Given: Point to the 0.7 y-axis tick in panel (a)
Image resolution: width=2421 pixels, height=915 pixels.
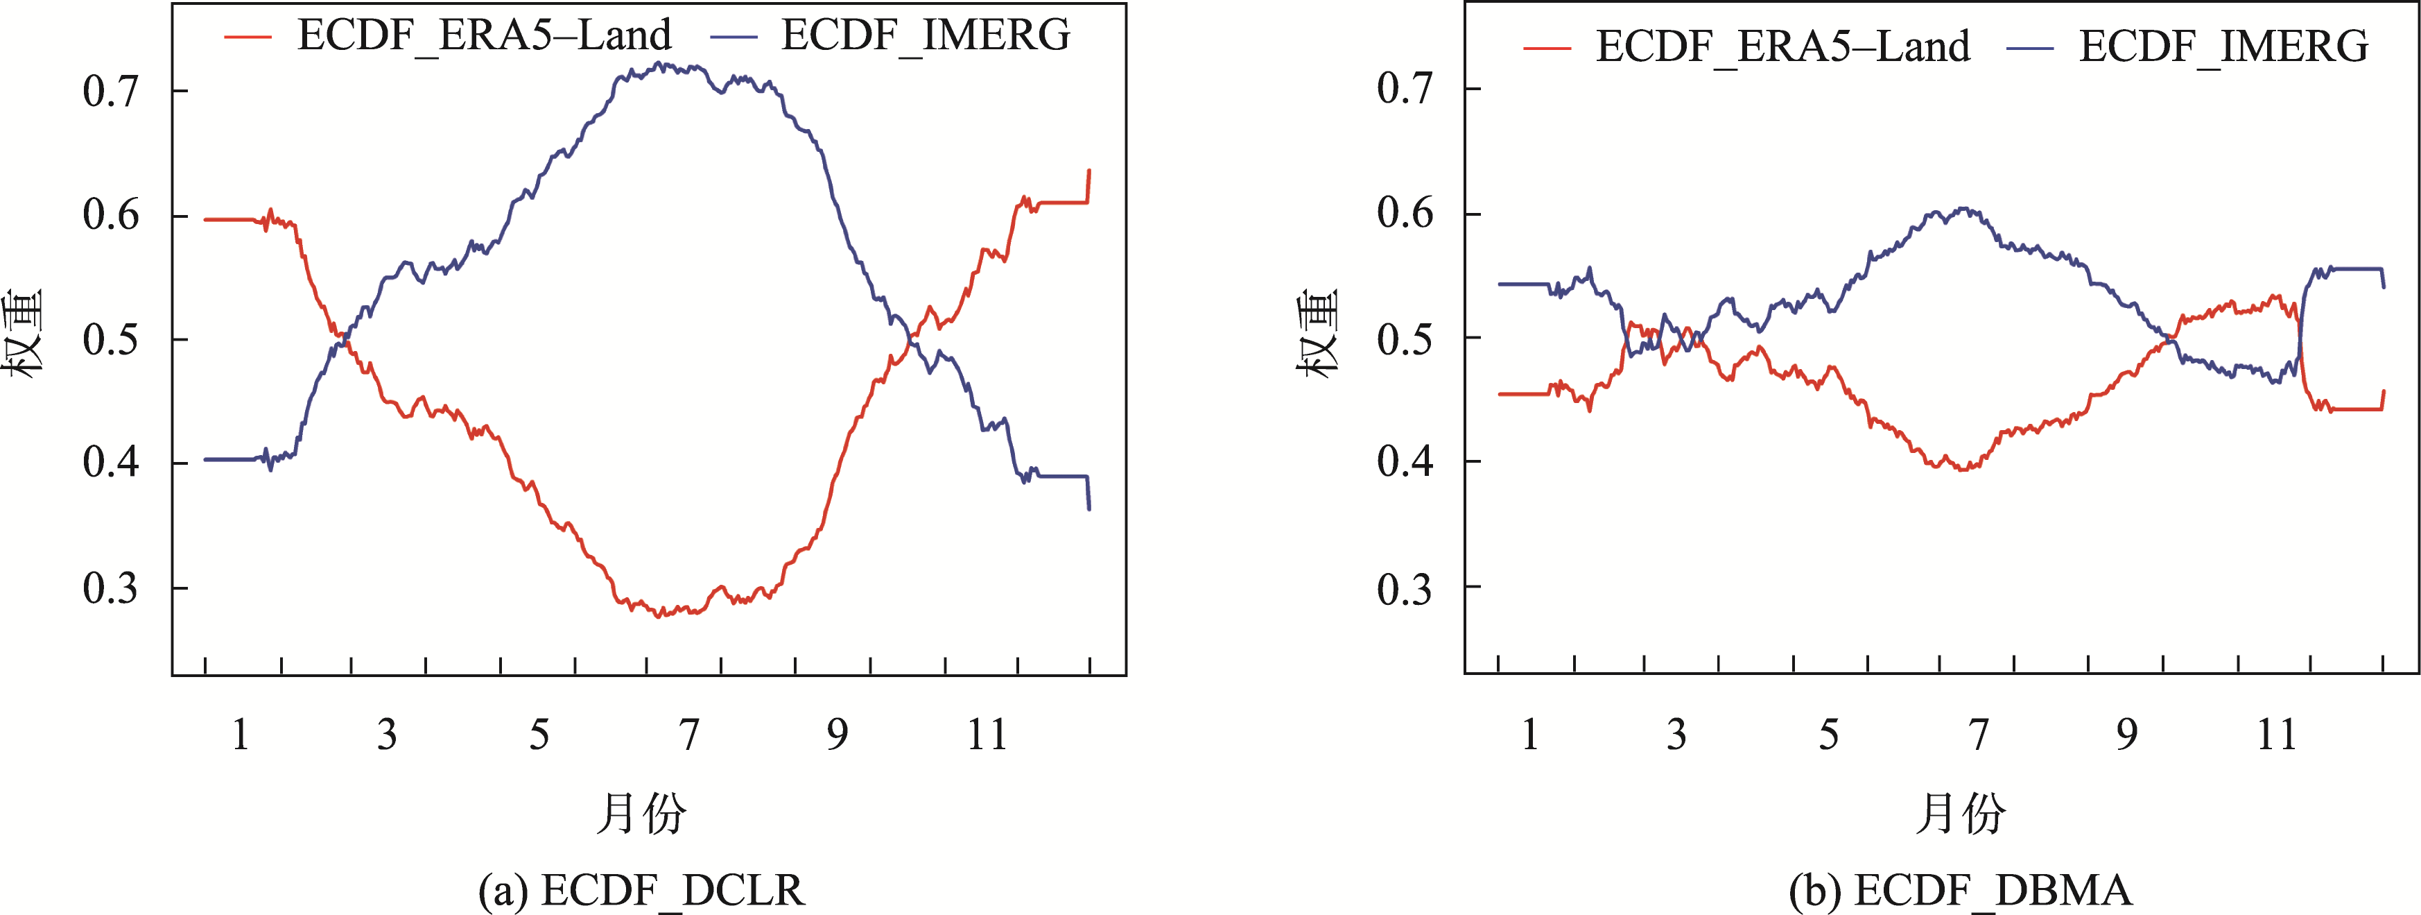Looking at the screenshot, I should (x=111, y=91).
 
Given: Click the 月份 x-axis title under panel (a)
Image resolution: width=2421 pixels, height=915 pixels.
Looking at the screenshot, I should (x=642, y=814).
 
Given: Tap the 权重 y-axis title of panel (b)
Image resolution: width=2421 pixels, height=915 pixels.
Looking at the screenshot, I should (x=1318, y=334).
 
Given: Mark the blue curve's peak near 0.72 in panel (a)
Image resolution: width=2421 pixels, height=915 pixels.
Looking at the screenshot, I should (x=661, y=64).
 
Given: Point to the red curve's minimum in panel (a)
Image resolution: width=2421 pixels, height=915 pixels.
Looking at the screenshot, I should (x=659, y=616).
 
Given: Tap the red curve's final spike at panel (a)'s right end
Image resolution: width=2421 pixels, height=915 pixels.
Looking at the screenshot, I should (x=1088, y=171).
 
